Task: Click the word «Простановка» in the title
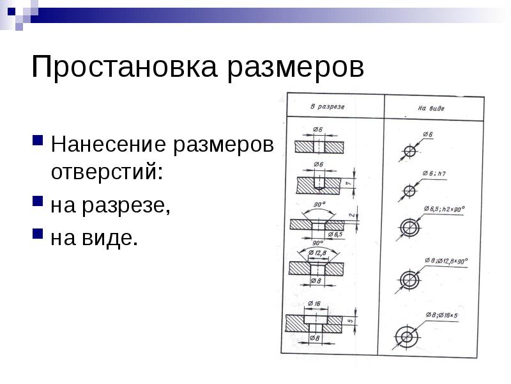coord(124,67)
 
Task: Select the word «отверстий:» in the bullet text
coord(107,171)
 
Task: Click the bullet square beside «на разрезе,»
coord(38,201)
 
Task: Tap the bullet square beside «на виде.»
coord(38,234)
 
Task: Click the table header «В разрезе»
coord(327,107)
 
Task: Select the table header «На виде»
coord(431,108)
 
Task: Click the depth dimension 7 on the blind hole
coord(349,184)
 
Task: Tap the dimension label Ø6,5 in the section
coord(335,234)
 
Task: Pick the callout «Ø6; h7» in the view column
coord(434,173)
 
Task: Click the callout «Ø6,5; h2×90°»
coord(444,209)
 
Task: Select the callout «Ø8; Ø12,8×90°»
coord(446,261)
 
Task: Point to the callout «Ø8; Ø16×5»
coord(441,315)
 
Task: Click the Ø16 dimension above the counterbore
coord(314,303)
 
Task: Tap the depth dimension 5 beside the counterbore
coord(350,321)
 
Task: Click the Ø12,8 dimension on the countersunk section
coord(317,253)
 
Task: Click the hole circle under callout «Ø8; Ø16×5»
coord(407,337)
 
